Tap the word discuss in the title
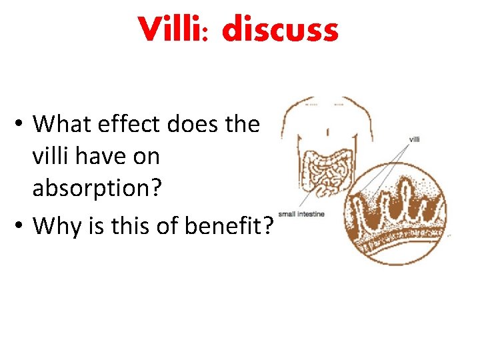pos(280,31)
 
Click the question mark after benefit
pos(268,226)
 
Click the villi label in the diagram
pos(414,139)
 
